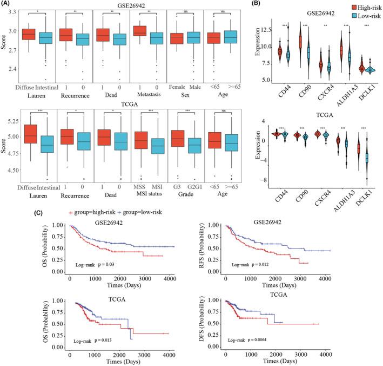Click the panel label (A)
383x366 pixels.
[x=8, y=4]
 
